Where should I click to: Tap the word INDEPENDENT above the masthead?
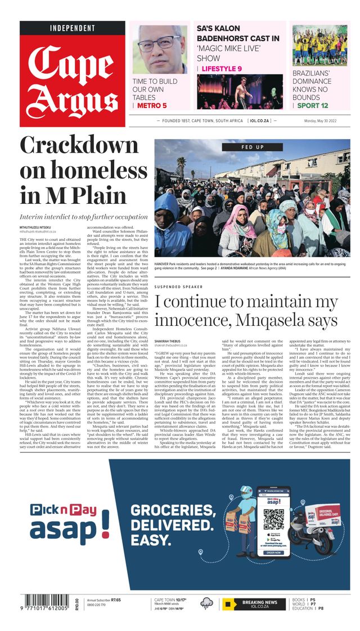click(72, 28)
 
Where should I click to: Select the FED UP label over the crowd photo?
click(252, 147)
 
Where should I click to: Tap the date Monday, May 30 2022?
click(327, 121)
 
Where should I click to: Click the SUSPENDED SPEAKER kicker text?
click(178, 287)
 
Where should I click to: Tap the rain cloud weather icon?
click(207, 603)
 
